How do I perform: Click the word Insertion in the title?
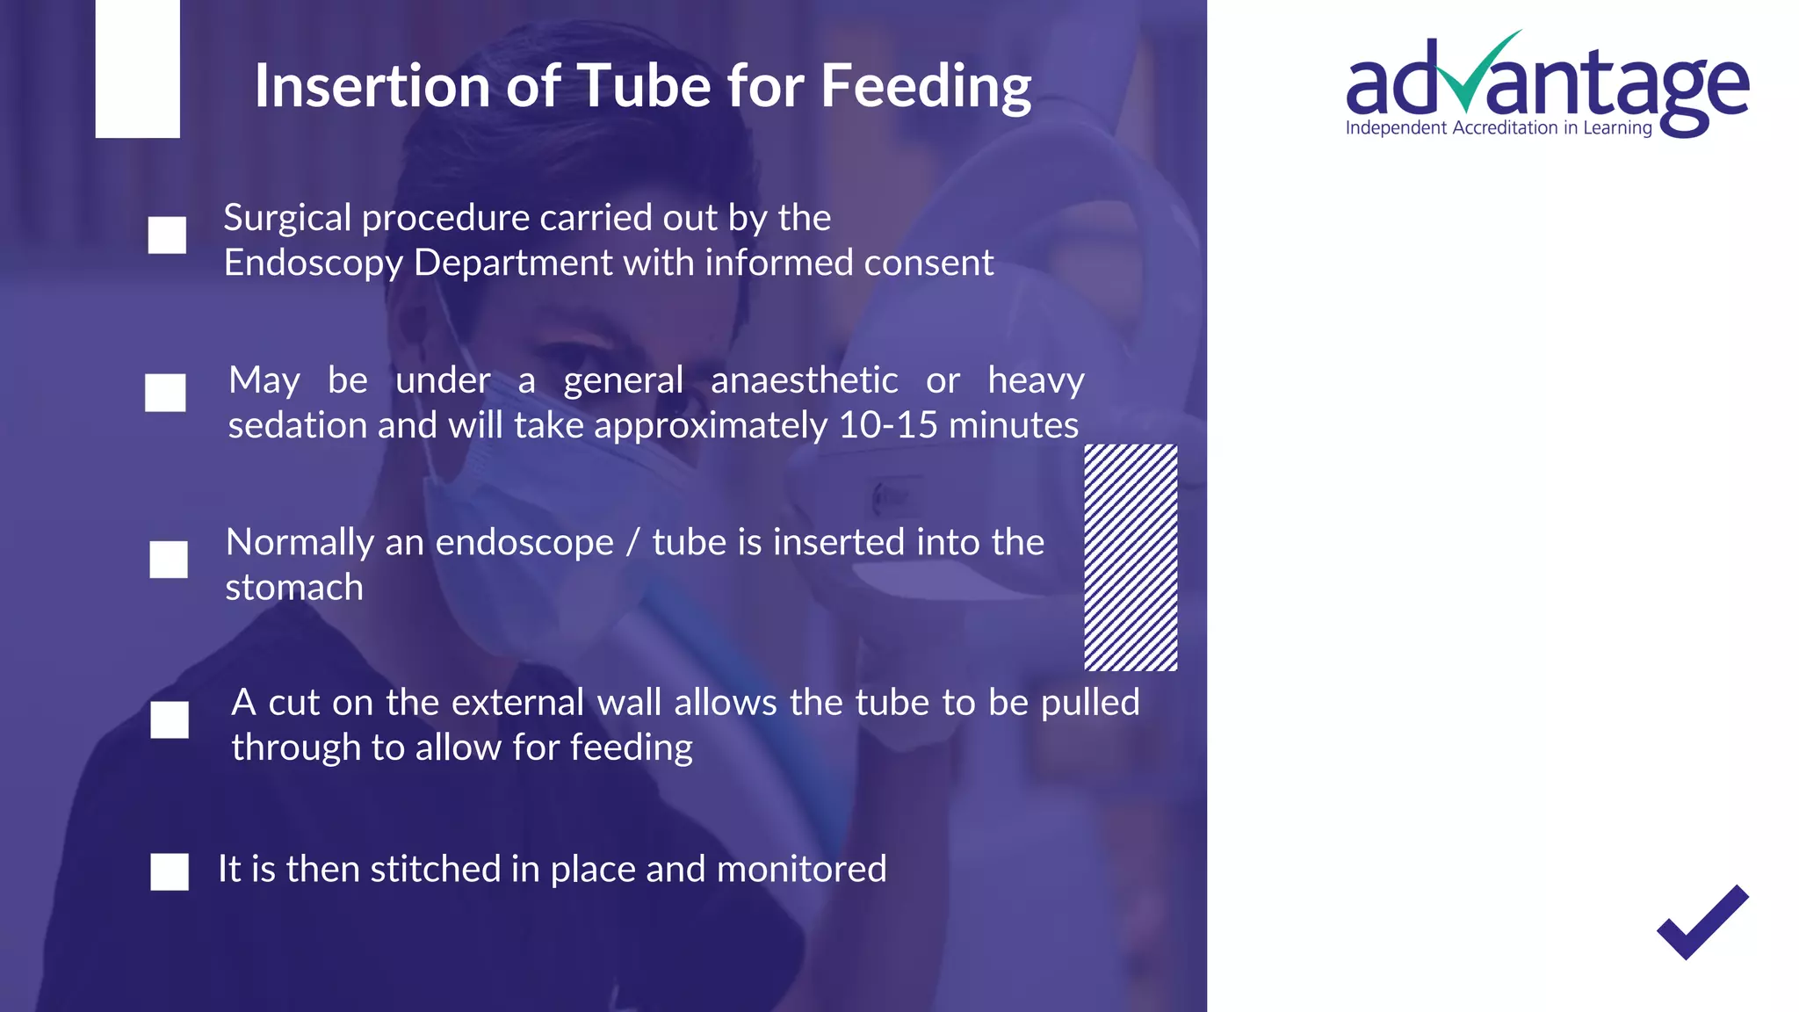click(x=373, y=86)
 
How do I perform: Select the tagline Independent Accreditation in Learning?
click(x=1499, y=128)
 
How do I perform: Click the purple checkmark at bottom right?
click(x=1702, y=922)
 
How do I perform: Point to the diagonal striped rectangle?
click(x=1131, y=558)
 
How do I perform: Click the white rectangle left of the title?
click(x=137, y=69)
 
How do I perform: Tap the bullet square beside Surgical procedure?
click(x=167, y=235)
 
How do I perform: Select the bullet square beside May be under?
click(x=165, y=393)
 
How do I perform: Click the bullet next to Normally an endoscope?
click(x=169, y=560)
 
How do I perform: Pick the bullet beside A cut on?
click(x=170, y=719)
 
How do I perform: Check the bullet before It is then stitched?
click(x=170, y=871)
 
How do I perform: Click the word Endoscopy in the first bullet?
click(x=313, y=264)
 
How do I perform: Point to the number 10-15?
click(x=888, y=426)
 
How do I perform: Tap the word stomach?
click(x=294, y=588)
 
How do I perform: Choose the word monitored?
click(x=801, y=870)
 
